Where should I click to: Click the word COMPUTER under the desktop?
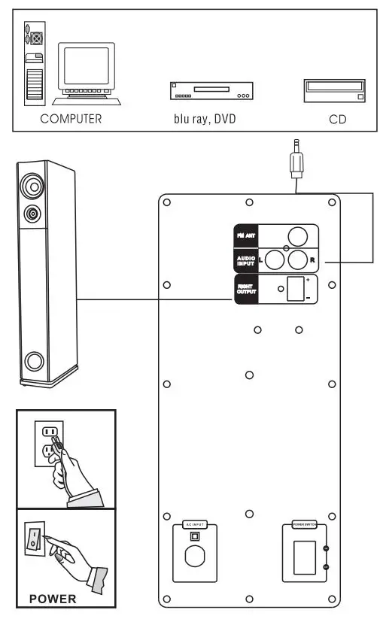coord(71,119)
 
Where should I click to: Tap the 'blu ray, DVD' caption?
coord(199,119)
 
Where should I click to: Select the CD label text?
coord(337,119)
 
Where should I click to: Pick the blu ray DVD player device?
coord(210,92)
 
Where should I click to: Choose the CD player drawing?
coord(335,91)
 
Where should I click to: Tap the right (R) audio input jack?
coord(299,260)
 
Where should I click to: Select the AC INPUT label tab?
coord(194,524)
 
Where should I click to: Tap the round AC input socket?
coord(194,557)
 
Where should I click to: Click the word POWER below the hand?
coord(52,599)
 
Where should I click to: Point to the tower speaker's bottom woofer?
coord(34,363)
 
